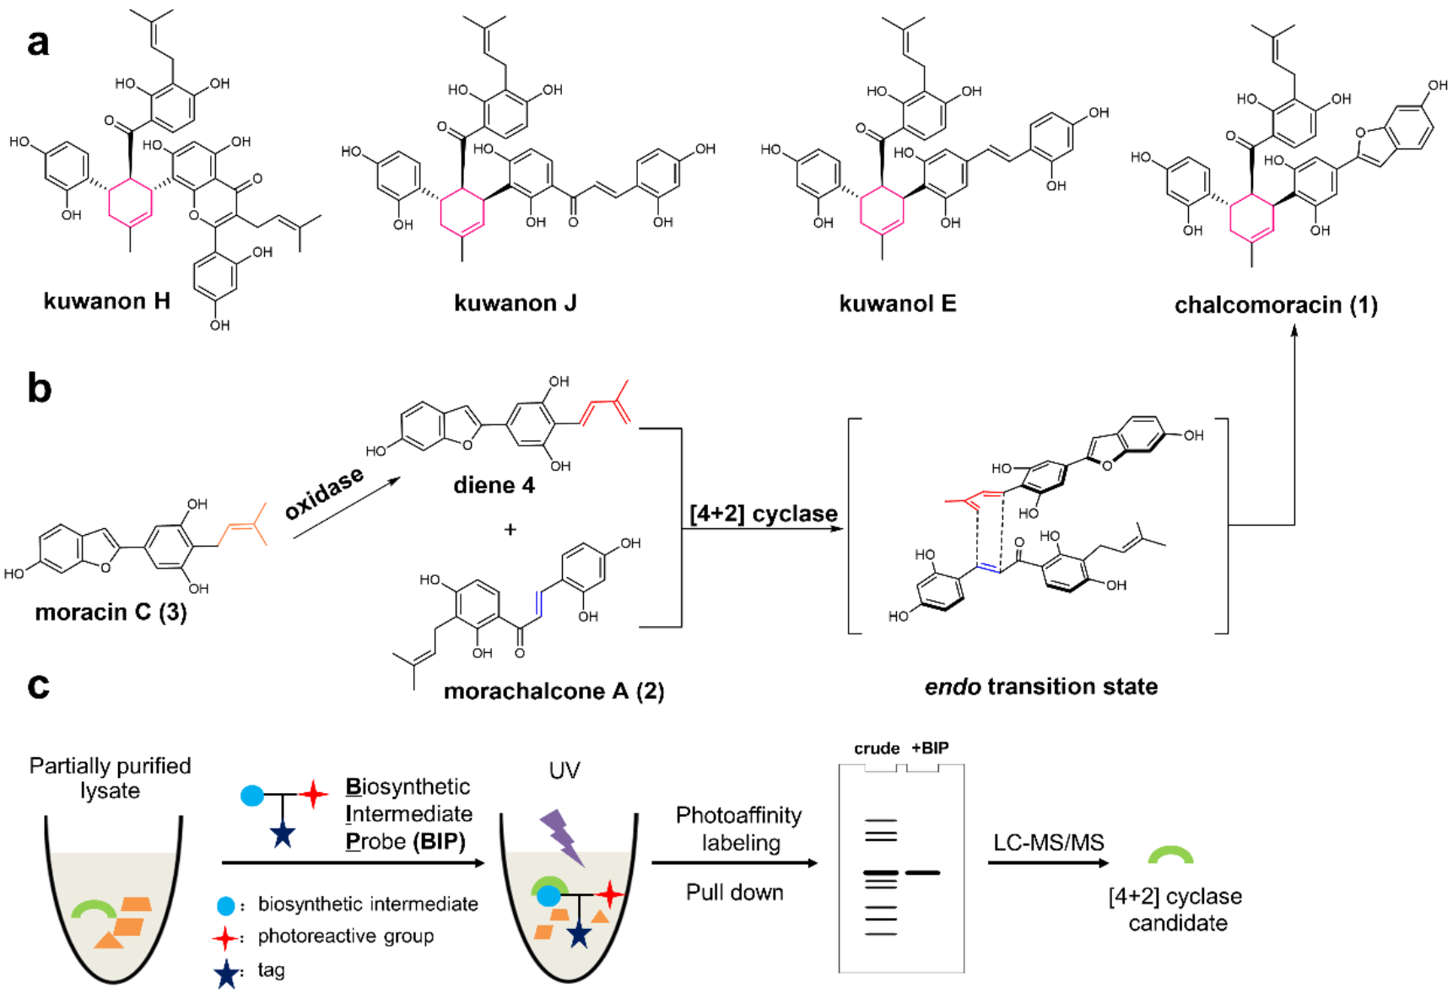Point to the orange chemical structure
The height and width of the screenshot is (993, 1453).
coord(244,526)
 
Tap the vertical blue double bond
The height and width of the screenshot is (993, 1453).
coord(539,604)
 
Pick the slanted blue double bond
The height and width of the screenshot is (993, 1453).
coord(989,568)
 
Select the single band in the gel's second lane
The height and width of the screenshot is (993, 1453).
coord(922,872)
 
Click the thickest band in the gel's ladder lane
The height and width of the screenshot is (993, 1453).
coord(881,872)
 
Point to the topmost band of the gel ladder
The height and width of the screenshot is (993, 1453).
coord(881,820)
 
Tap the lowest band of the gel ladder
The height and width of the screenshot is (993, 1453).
coord(881,934)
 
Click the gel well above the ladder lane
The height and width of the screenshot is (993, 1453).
coord(881,768)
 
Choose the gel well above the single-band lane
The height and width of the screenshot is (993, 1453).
coord(922,768)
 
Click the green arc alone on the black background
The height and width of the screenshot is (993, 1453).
coord(1170,854)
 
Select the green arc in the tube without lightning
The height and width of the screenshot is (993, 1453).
coord(94,909)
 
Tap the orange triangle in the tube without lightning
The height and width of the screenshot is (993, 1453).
coord(109,940)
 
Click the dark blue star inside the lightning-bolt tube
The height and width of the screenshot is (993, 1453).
coord(579,934)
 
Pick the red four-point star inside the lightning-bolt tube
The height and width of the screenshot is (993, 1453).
coord(609,893)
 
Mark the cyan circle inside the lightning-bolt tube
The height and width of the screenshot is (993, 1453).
coord(548,895)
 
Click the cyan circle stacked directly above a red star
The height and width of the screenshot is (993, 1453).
coord(226,906)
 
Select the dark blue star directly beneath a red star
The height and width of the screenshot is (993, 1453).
coord(226,974)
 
